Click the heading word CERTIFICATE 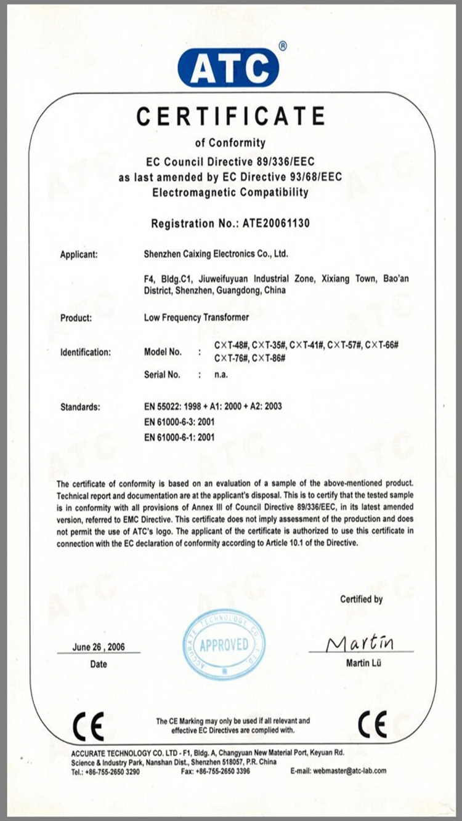(x=231, y=116)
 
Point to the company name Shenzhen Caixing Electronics (x=215, y=254)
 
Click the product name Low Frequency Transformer (x=196, y=318)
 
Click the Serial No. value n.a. (x=221, y=374)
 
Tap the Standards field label (x=79, y=407)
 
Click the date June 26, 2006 (x=99, y=647)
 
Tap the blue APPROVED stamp (x=224, y=645)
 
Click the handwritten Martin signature (x=360, y=643)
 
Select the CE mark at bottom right (x=372, y=724)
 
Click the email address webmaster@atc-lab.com (x=349, y=771)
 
